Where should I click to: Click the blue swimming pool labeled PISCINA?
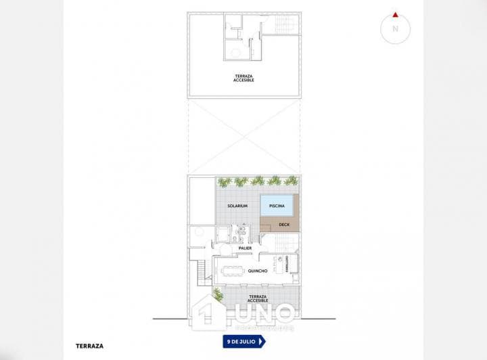pyautogui.click(x=276, y=205)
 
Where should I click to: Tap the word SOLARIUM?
pyautogui.click(x=237, y=206)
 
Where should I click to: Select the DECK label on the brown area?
pyautogui.click(x=283, y=225)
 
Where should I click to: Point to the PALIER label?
pyautogui.click(x=245, y=248)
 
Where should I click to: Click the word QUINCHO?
pyautogui.click(x=258, y=271)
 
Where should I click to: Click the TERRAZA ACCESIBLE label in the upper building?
pyautogui.click(x=245, y=77)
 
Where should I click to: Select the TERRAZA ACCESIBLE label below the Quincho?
pyautogui.click(x=258, y=298)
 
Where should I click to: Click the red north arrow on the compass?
pyautogui.click(x=395, y=14)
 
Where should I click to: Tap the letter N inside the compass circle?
pyautogui.click(x=396, y=29)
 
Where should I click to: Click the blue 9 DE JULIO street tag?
pyautogui.click(x=243, y=342)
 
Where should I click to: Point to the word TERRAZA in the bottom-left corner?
pyautogui.click(x=89, y=346)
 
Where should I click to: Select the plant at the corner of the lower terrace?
pyautogui.click(x=218, y=294)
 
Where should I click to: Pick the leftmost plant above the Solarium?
pyautogui.click(x=225, y=181)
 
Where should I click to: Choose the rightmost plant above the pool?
pyautogui.click(x=291, y=181)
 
